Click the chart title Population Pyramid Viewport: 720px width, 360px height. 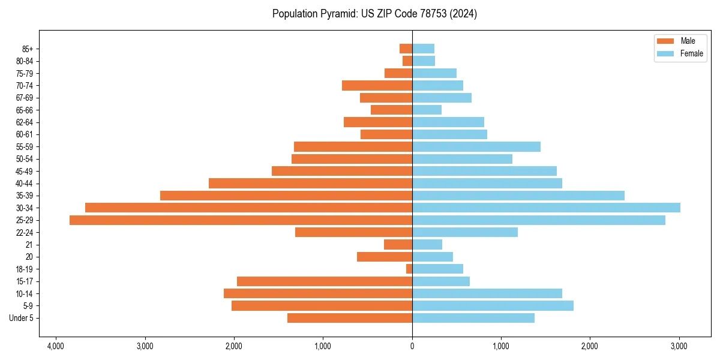pos(374,14)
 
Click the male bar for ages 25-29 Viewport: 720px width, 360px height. pos(241,220)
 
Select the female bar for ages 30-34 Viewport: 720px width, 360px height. pos(546,208)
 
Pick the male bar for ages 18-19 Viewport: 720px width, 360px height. pos(409,269)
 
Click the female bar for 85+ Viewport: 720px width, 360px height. pos(423,49)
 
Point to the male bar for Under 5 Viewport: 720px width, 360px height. pos(350,318)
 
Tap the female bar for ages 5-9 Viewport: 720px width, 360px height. pos(493,305)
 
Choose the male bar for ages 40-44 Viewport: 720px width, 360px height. pos(310,183)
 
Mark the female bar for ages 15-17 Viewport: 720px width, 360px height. pos(441,281)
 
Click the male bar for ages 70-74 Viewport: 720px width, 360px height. pos(377,85)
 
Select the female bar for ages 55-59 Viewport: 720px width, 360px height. pos(476,146)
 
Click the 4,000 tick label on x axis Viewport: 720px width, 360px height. pos(56,346)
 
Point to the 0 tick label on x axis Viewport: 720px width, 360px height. pos(412,346)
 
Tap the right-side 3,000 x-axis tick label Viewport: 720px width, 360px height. pos(679,346)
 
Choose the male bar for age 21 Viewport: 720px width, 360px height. pos(398,244)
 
